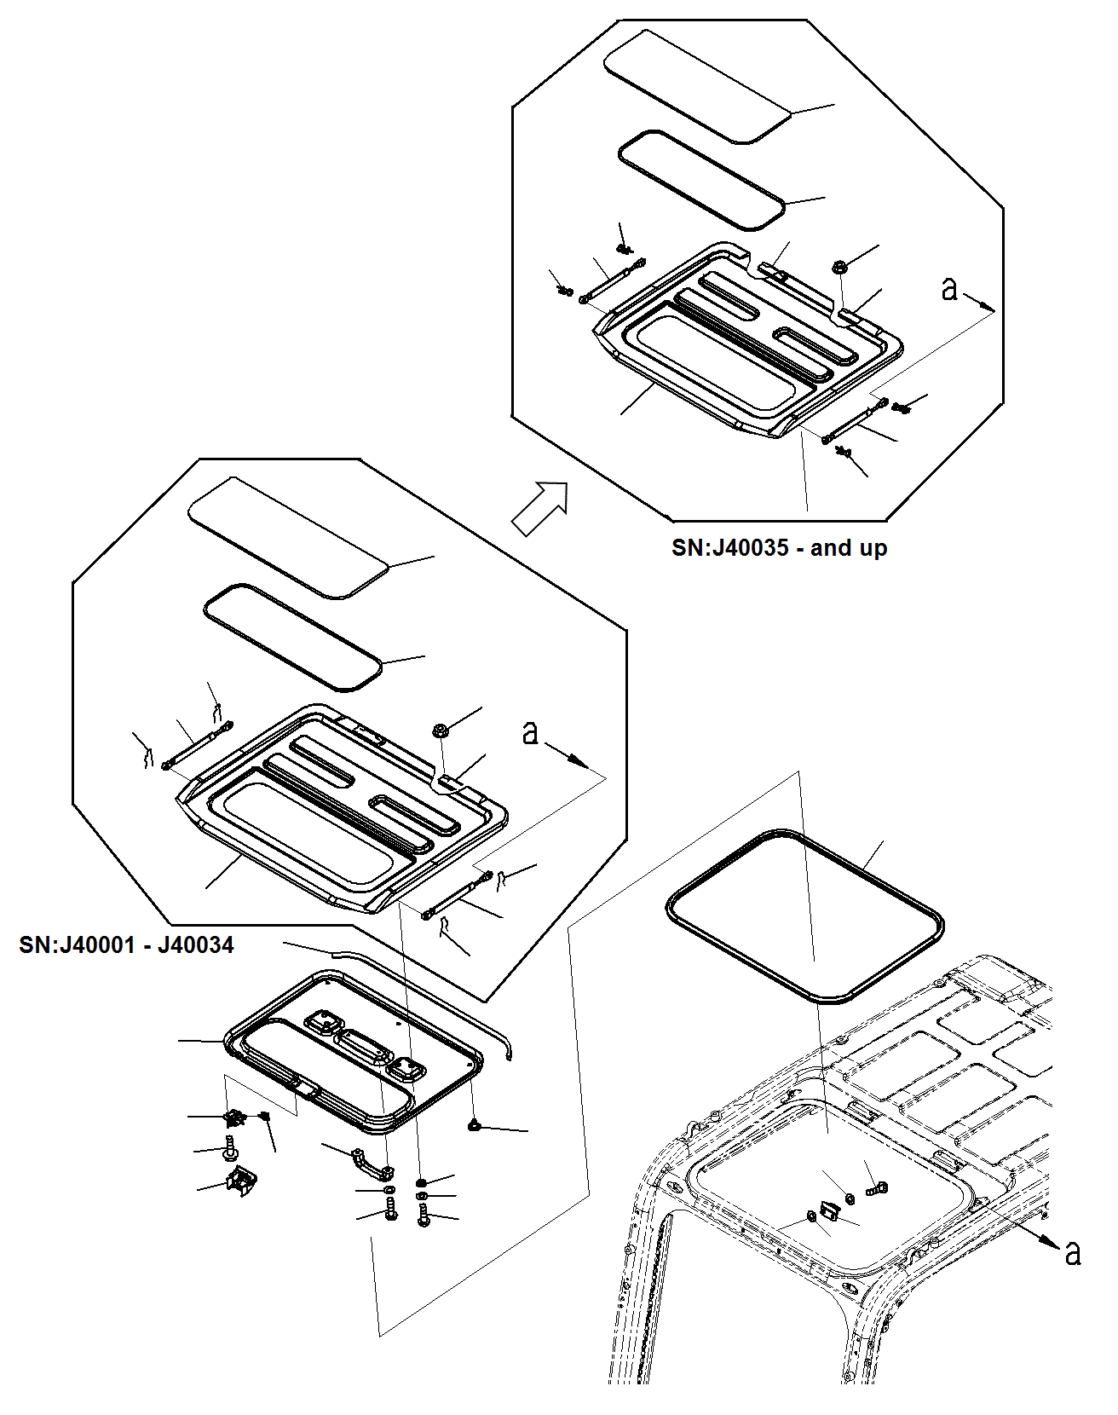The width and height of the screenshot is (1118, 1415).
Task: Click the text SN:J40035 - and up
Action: point(779,547)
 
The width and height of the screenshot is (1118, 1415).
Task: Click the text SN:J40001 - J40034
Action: point(126,944)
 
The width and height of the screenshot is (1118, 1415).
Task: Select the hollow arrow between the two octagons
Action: point(540,508)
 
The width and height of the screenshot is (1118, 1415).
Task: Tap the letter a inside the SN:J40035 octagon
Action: point(949,289)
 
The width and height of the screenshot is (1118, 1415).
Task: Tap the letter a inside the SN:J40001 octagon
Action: point(530,732)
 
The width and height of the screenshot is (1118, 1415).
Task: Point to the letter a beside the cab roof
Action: point(1073,1252)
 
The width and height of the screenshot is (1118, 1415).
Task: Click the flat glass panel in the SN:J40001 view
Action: point(288,537)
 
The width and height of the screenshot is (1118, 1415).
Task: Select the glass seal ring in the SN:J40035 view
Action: point(700,180)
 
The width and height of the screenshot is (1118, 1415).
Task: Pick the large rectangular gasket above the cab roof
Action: point(804,915)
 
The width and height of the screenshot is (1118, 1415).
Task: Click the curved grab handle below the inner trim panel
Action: point(373,1163)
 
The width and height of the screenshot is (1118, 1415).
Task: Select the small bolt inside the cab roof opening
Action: point(876,1187)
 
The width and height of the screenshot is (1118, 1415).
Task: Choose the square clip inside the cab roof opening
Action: point(828,1210)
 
